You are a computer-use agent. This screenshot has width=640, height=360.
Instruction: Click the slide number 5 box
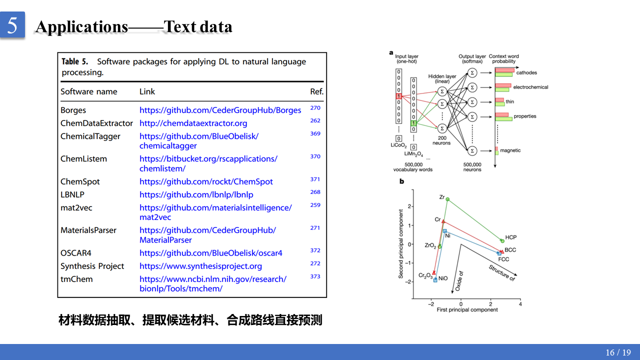[12, 25]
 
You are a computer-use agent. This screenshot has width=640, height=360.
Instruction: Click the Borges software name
[73, 110]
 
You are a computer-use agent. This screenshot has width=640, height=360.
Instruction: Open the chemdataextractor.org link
[193, 123]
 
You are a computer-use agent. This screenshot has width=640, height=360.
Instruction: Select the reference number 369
[315, 133]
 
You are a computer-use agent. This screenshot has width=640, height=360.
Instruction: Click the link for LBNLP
[196, 194]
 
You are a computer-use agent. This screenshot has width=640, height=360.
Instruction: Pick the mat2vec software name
[76, 207]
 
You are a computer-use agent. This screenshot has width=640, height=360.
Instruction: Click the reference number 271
[315, 228]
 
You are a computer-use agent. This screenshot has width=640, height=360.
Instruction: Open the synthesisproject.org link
[200, 266]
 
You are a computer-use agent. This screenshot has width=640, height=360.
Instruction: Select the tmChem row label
[76, 279]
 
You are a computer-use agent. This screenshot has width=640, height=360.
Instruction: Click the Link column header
[147, 91]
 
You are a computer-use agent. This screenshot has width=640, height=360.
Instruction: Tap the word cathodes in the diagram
[526, 73]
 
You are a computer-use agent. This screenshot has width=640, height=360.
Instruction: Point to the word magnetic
[510, 150]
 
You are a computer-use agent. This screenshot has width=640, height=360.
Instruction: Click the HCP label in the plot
[511, 237]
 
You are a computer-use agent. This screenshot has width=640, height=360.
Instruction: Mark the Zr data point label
[442, 197]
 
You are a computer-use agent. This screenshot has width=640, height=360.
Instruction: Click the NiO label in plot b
[443, 278]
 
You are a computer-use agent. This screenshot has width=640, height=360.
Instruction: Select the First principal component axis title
[467, 310]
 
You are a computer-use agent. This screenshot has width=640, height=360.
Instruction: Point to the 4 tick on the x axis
[520, 304]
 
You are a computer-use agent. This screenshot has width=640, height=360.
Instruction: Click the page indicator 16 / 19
[618, 352]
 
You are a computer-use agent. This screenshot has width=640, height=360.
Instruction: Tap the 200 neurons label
[441, 140]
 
